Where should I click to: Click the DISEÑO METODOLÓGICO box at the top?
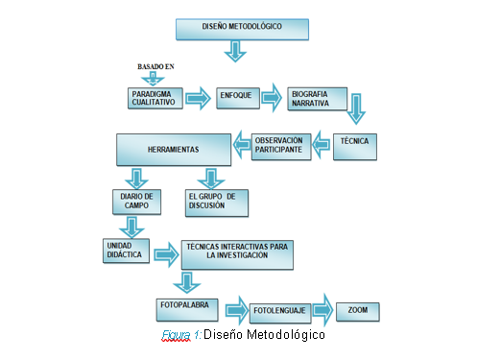coord(242,29)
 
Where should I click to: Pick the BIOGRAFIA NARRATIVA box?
coord(316,98)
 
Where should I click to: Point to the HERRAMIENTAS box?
coord(173,149)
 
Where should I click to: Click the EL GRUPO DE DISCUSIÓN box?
coord(216,201)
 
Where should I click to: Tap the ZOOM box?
coord(357,311)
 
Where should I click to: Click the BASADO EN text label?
coord(155,66)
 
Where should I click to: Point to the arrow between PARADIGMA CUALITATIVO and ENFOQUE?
coord(199,98)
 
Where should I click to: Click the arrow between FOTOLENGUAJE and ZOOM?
coord(323,311)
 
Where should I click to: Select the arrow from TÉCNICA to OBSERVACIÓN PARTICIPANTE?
coord(325,146)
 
